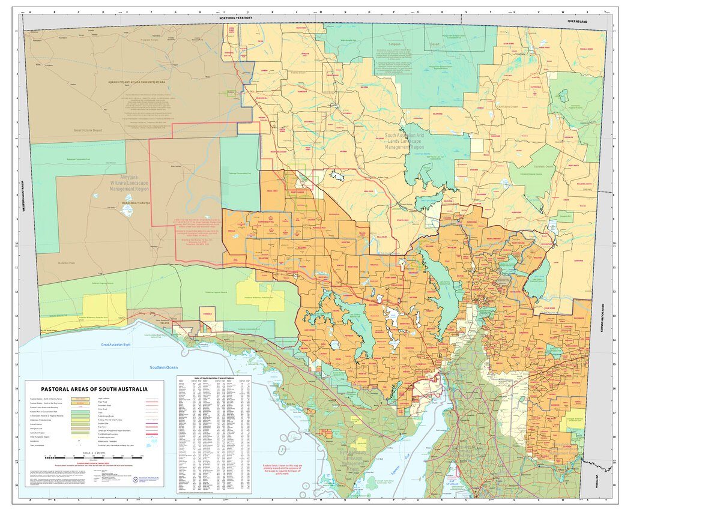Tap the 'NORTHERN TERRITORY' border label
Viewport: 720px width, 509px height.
[x=235, y=19]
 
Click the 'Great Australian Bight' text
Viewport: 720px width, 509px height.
[x=116, y=344]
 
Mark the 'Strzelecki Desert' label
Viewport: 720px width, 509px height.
[x=541, y=166]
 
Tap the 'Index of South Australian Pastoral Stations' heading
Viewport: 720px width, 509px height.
[x=214, y=378]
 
